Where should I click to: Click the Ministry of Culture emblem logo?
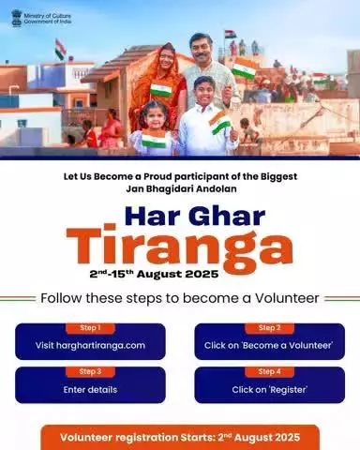(x=17, y=18)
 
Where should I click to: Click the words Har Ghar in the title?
(x=195, y=217)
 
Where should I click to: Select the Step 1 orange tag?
(x=90, y=328)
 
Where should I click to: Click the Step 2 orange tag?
(x=269, y=328)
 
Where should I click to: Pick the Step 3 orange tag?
(x=90, y=371)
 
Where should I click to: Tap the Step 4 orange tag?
(x=269, y=371)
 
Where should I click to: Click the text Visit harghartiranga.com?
(x=90, y=346)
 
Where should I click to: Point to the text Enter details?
(x=90, y=390)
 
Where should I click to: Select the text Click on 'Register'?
(x=269, y=390)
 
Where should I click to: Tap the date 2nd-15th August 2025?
(x=154, y=274)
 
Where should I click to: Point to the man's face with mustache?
(x=201, y=48)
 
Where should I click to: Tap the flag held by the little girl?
(x=154, y=140)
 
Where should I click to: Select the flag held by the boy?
(x=219, y=122)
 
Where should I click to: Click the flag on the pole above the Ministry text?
(x=60, y=49)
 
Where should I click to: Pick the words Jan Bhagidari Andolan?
(x=181, y=189)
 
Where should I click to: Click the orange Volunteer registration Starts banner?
(x=180, y=437)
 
